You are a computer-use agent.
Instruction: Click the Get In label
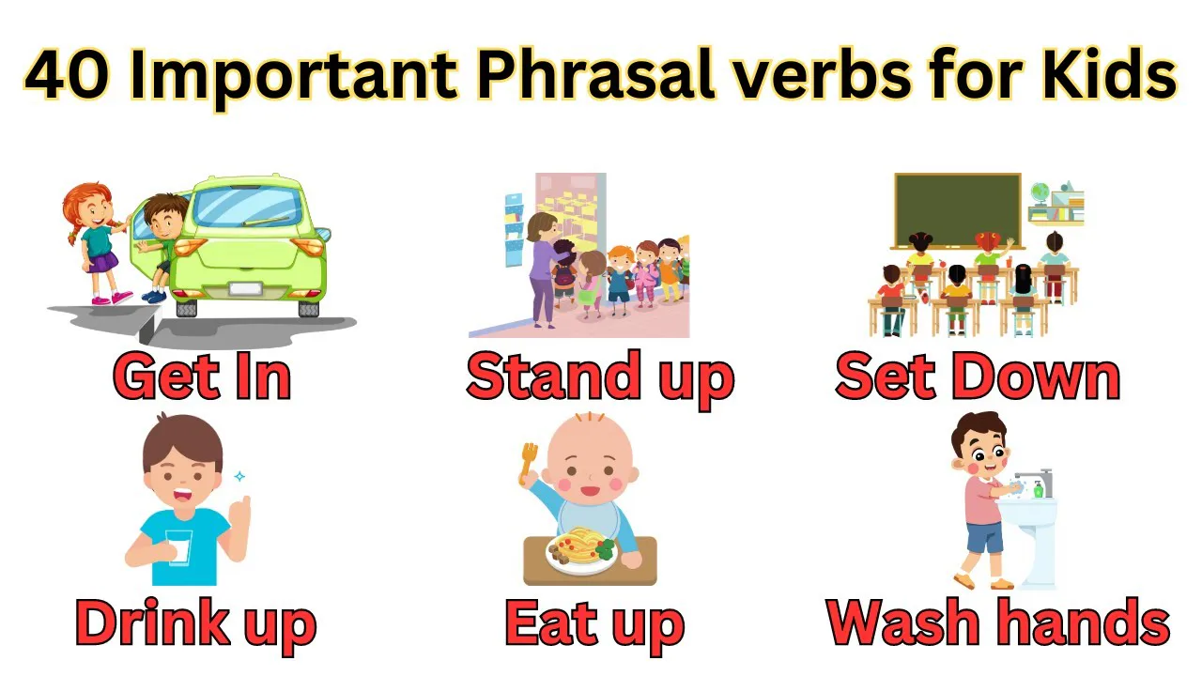pyautogui.click(x=202, y=377)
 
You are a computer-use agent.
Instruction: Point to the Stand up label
pyautogui.click(x=599, y=377)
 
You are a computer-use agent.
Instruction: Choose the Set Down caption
pyautogui.click(x=977, y=377)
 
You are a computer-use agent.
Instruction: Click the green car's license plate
pyautogui.click(x=245, y=289)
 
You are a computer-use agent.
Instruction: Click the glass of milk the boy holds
pyautogui.click(x=178, y=545)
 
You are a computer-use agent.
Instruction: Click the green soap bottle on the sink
pyautogui.click(x=1039, y=488)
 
